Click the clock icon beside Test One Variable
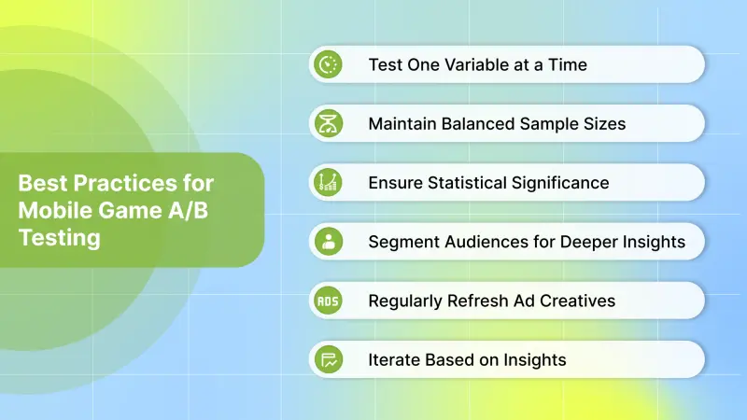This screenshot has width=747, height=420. click(328, 64)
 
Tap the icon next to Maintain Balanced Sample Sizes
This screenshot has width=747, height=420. click(328, 123)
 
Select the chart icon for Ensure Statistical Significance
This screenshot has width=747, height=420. click(328, 183)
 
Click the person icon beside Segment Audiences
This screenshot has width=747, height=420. click(328, 242)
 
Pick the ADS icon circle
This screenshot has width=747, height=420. click(328, 301)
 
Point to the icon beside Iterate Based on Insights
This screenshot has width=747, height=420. click(328, 359)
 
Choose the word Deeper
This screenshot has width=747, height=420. click(589, 242)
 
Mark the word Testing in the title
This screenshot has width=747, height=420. click(59, 237)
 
